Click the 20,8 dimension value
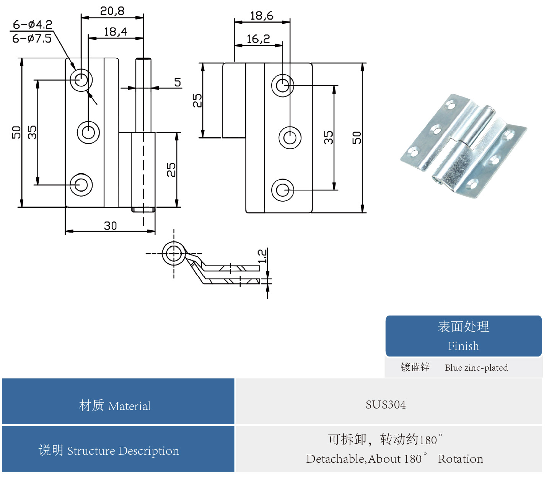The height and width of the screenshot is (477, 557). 112,11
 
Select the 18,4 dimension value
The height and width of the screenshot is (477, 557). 115,32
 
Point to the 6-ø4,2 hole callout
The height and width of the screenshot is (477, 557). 33,25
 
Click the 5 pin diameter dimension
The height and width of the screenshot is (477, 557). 178,82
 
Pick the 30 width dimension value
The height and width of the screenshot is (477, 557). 110,226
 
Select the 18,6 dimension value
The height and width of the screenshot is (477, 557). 262,16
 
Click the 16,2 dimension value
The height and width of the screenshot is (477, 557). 258,39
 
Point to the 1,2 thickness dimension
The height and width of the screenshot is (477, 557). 262,256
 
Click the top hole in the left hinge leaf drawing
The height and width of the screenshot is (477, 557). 81,80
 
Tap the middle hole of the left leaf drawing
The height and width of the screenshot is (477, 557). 88,132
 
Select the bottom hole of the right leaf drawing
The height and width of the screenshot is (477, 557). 283,190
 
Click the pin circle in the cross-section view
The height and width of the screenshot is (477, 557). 174,253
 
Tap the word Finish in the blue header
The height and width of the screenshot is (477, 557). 463,346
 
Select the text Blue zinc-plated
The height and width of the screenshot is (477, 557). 476,368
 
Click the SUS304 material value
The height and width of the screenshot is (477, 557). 386,405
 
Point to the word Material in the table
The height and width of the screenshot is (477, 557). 129,406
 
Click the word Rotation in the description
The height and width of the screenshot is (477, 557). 460,459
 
